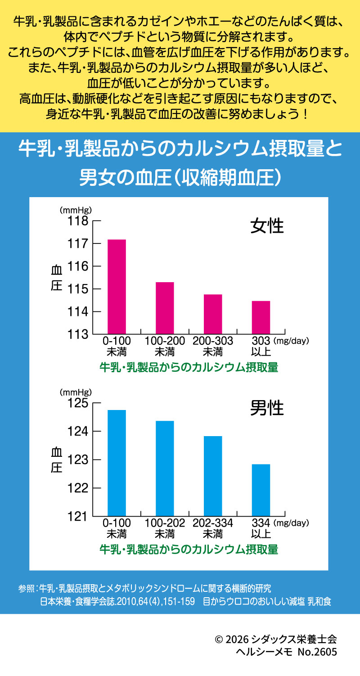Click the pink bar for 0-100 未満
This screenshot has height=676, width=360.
117,287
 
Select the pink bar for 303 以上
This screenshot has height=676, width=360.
261,317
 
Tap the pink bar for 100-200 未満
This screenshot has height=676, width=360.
165,308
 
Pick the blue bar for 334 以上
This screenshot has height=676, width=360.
261,490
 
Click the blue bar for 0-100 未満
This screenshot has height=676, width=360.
117,463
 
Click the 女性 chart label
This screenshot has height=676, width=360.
267,225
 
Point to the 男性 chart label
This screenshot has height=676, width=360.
267,408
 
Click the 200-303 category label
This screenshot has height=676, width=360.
213,341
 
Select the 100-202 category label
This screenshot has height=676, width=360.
165,523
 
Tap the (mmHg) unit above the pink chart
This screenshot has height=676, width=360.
76,210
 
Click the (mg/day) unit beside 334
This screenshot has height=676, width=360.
291,523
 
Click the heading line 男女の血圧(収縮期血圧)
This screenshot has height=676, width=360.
180,177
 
